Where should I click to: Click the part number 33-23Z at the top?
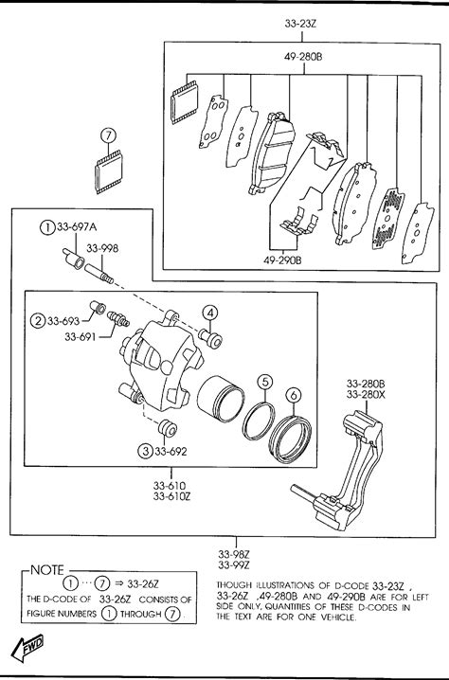pyautogui.click(x=300, y=24)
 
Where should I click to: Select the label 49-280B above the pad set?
pyautogui.click(x=303, y=57)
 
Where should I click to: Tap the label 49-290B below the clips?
pyautogui.click(x=282, y=260)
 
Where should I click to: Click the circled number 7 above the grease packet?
pyautogui.click(x=108, y=135)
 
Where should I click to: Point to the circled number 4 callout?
pyautogui.click(x=209, y=313)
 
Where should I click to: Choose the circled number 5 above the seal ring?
pyautogui.click(x=265, y=382)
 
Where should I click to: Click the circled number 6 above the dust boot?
pyautogui.click(x=294, y=395)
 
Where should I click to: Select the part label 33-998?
pyautogui.click(x=102, y=248)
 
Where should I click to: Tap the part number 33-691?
pyautogui.click(x=81, y=336)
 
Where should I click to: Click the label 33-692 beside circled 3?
pyautogui.click(x=171, y=452)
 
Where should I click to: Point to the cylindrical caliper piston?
pyautogui.click(x=221, y=399)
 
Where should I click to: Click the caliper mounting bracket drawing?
pyautogui.click(x=337, y=470)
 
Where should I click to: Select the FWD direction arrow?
pyautogui.click(x=27, y=648)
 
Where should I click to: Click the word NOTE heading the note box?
pyautogui.click(x=47, y=570)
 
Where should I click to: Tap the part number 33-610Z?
pyautogui.click(x=171, y=496)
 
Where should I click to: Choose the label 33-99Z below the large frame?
pyautogui.click(x=234, y=565)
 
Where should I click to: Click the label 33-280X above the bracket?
pyautogui.click(x=366, y=395)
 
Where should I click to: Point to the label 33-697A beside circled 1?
pyautogui.click(x=77, y=226)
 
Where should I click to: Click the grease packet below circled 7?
pyautogui.click(x=108, y=171)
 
